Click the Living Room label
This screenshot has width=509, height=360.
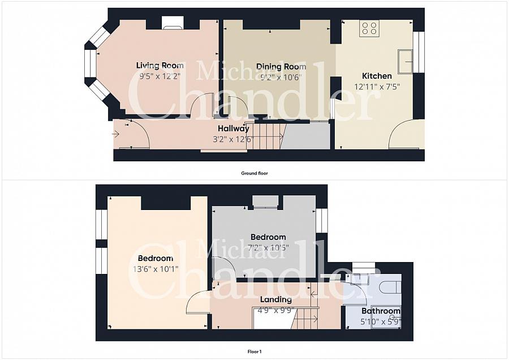(x=159, y=66)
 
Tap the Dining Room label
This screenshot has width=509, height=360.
(x=281, y=67)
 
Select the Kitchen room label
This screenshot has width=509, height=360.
(x=377, y=76)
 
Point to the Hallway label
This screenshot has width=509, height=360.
(x=234, y=128)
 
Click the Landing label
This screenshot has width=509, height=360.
(x=276, y=299)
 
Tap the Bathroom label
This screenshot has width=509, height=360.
(x=381, y=311)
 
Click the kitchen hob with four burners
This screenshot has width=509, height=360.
(x=369, y=28)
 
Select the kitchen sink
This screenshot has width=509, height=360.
(x=406, y=61)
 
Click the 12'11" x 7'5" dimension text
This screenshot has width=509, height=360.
(x=377, y=87)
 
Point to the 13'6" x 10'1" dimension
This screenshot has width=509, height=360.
(x=156, y=269)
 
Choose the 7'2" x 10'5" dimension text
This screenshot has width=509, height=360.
(x=268, y=248)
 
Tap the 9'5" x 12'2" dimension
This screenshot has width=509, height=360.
(x=159, y=76)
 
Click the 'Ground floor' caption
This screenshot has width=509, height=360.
(x=255, y=173)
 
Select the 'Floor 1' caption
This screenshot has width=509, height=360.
(x=255, y=352)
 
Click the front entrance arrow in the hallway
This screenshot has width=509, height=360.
(x=116, y=134)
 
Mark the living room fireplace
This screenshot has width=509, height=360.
(x=172, y=23)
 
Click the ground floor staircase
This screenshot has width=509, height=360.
(x=265, y=136)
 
